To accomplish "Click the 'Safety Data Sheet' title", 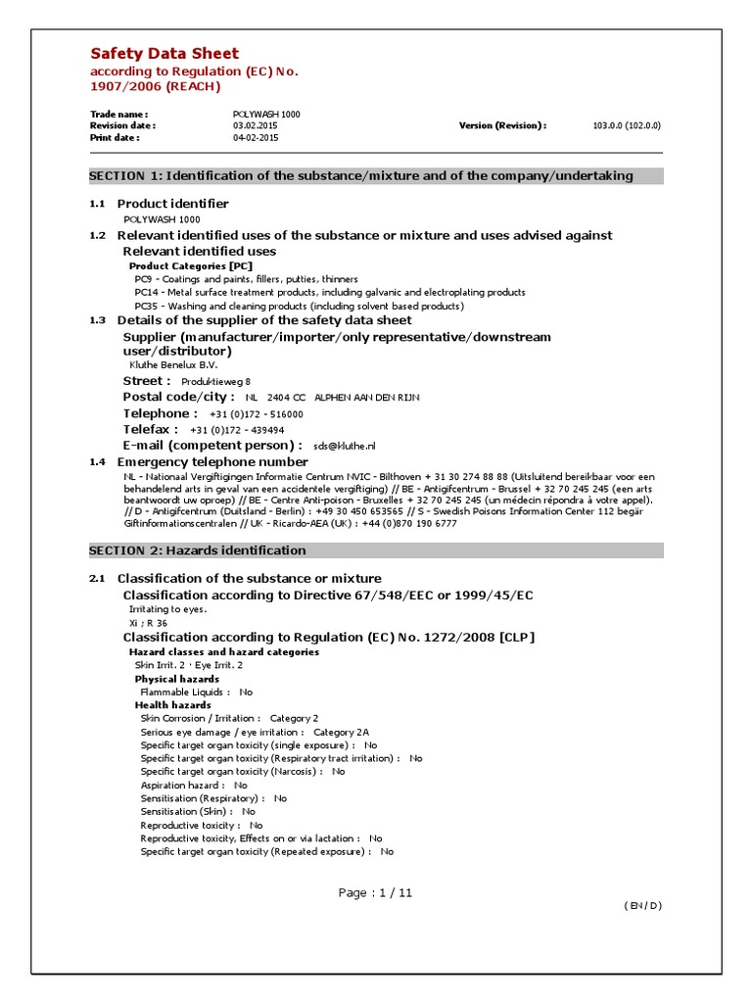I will click(164, 54).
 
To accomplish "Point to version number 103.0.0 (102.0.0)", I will click(627, 126).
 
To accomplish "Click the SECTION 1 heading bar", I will click(376, 176).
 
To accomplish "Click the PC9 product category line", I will click(246, 279).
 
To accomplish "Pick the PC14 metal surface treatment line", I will click(329, 292).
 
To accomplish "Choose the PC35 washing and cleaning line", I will click(299, 306).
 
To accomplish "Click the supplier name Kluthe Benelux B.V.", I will click(173, 364).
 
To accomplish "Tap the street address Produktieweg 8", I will click(222, 381).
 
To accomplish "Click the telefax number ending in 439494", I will click(237, 430).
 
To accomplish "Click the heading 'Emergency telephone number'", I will click(212, 461).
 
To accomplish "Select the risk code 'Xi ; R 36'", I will click(148, 622).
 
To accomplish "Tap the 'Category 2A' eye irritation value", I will click(341, 732).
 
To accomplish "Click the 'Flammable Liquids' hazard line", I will click(196, 692).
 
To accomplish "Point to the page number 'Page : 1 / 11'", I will click(376, 892).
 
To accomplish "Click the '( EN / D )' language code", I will click(642, 905).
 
